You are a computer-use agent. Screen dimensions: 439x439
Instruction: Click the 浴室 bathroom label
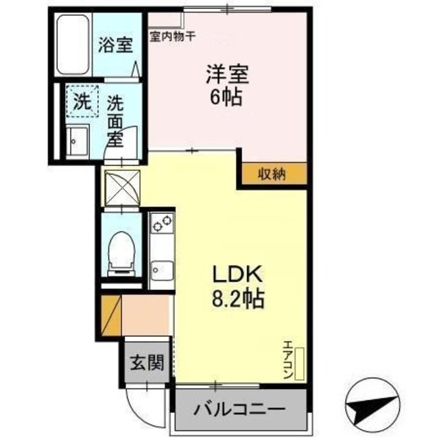click(x=115, y=47)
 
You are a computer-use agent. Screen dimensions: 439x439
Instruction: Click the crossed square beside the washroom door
click(x=120, y=187)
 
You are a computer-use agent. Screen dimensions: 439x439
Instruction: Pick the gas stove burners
click(x=162, y=222)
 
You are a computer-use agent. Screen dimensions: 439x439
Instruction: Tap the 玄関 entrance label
click(x=146, y=361)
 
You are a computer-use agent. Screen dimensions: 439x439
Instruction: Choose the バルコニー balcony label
click(x=238, y=410)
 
